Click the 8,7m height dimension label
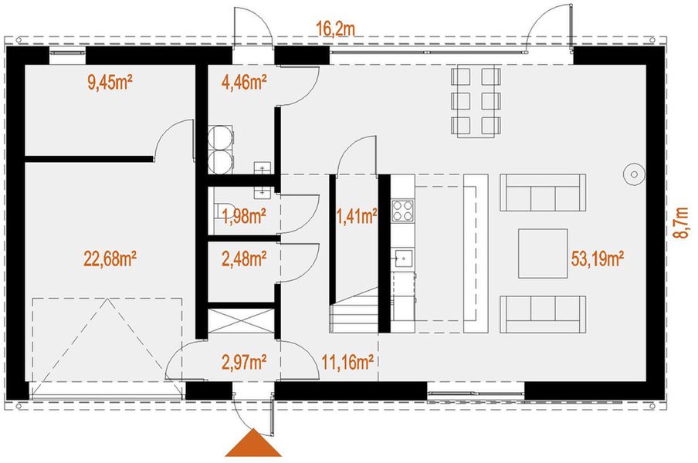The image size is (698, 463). tap(680, 224)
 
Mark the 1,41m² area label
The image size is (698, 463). tap(357, 216)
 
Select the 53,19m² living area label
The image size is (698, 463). tap(598, 257)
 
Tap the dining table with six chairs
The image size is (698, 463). tap(476, 102)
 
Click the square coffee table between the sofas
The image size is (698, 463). tap(542, 252)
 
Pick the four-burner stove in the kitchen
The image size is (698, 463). tap(402, 211)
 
